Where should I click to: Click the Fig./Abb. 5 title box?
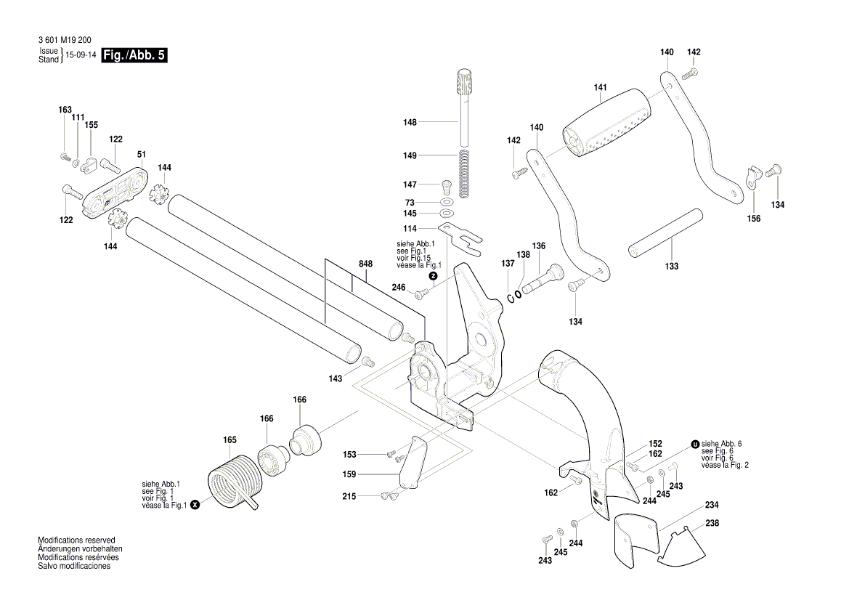pyautogui.click(x=134, y=55)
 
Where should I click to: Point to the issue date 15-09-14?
pyautogui.click(x=81, y=55)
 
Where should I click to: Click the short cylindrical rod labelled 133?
pyautogui.click(x=666, y=233)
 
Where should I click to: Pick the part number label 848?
pyautogui.click(x=365, y=264)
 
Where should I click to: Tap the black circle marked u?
pyautogui.click(x=695, y=444)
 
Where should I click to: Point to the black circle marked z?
pyautogui.click(x=433, y=276)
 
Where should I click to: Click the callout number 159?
pyautogui.click(x=350, y=474)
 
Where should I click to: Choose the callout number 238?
pyautogui.click(x=712, y=523)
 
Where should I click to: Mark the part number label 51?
pyautogui.click(x=142, y=155)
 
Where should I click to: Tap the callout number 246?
pyautogui.click(x=398, y=288)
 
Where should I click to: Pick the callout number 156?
pyautogui.click(x=754, y=219)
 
